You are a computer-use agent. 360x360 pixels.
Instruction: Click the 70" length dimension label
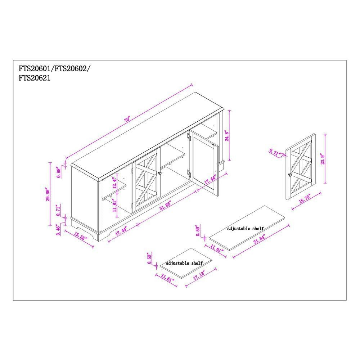coord(127,120)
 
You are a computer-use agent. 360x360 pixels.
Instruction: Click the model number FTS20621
coord(35,77)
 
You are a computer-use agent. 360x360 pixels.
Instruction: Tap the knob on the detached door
coord(289,175)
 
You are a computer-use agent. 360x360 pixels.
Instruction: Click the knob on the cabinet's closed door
coord(159,174)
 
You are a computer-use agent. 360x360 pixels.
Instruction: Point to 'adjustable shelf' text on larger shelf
coord(245,229)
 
